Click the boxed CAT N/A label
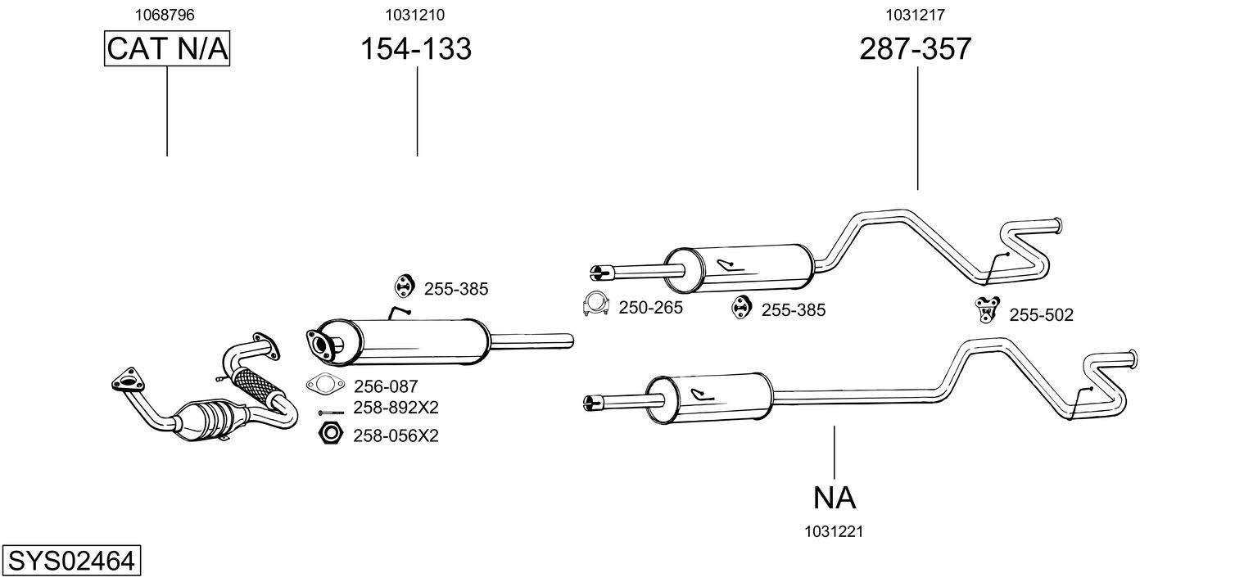pyautogui.click(x=167, y=48)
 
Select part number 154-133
pyautogui.click(x=416, y=49)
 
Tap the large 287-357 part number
pyautogui.click(x=915, y=49)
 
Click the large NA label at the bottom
pyautogui.click(x=834, y=498)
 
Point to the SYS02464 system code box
pyautogui.click(x=71, y=560)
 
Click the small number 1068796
pyautogui.click(x=165, y=15)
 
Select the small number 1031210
pyautogui.click(x=414, y=15)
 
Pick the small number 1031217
pyautogui.click(x=915, y=15)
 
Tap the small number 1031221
pyautogui.click(x=834, y=532)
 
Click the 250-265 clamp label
pyautogui.click(x=650, y=308)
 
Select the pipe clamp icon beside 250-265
pyautogui.click(x=595, y=305)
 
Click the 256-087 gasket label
pyautogui.click(x=386, y=386)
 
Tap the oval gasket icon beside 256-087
pyautogui.click(x=325, y=384)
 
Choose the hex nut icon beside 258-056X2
pyautogui.click(x=330, y=434)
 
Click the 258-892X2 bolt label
pyautogui.click(x=396, y=408)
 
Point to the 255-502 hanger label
pyautogui.click(x=1041, y=315)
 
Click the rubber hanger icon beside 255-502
pyautogui.click(x=987, y=309)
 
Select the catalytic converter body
pyautogui.click(x=210, y=421)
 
